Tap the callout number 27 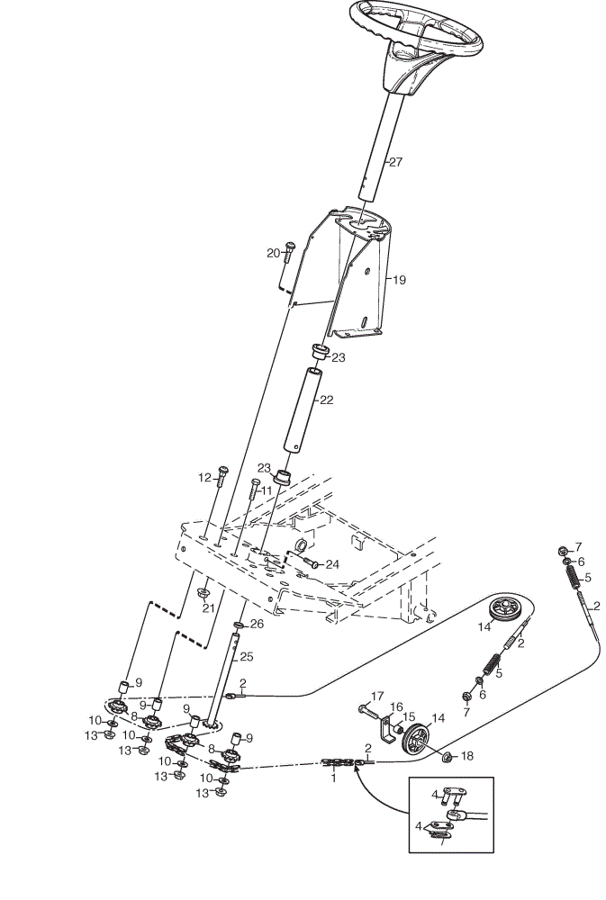396,162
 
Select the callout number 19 399,280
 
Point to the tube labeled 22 303,411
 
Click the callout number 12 204,478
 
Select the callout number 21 207,607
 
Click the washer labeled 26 239,625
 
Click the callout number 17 377,697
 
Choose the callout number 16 396,707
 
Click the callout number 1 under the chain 334,778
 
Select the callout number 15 409,717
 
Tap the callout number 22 326,400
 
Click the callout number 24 332,565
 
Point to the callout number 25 246,657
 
